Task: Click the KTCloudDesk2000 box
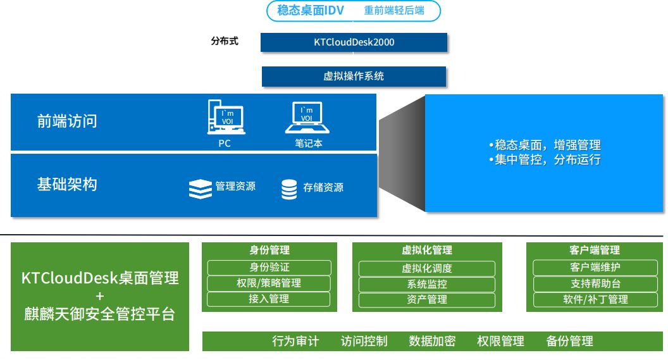[354, 42]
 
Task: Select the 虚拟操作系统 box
[354, 77]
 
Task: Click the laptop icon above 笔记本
[307, 118]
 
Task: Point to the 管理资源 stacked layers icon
[201, 189]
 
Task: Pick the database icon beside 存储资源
[289, 189]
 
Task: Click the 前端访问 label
[67, 121]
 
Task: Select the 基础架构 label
[67, 185]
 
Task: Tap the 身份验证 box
[269, 268]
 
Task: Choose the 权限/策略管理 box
[269, 283]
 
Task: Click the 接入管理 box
[269, 299]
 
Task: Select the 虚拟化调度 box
[427, 268]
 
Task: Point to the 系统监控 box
[427, 284]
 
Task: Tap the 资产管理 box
[427, 300]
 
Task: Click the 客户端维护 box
[595, 268]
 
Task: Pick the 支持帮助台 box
[595, 284]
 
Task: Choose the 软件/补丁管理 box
[595, 300]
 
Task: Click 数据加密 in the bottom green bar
[432, 341]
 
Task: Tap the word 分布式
[225, 42]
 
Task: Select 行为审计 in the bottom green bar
[295, 341]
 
